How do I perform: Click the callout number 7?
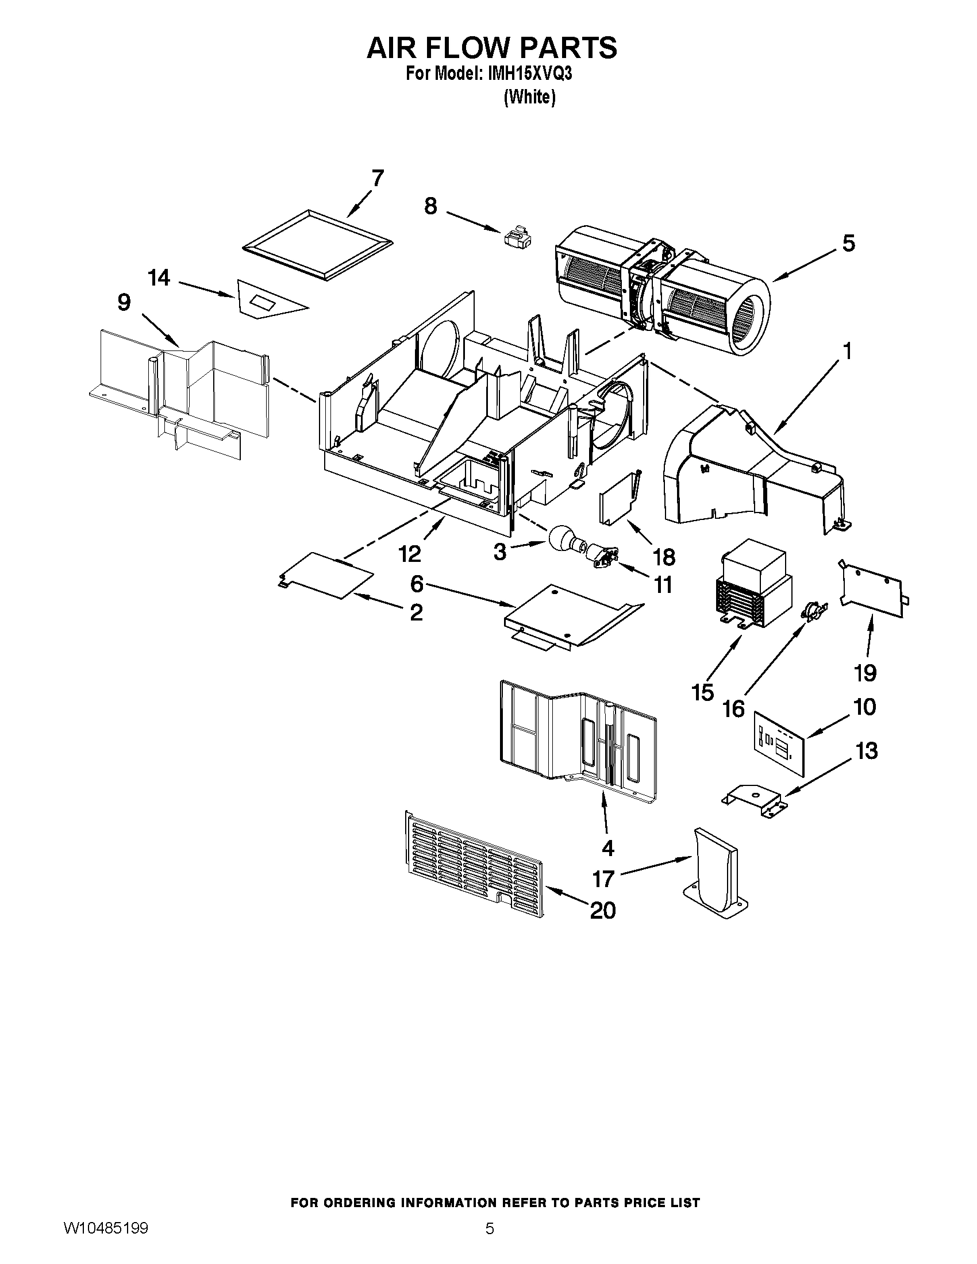click(378, 178)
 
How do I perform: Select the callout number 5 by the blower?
click(848, 243)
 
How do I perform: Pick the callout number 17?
click(603, 879)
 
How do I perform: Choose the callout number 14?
click(159, 278)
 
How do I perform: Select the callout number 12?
click(409, 554)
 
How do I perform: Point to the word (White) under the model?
click(529, 97)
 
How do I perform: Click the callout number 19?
click(866, 673)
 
